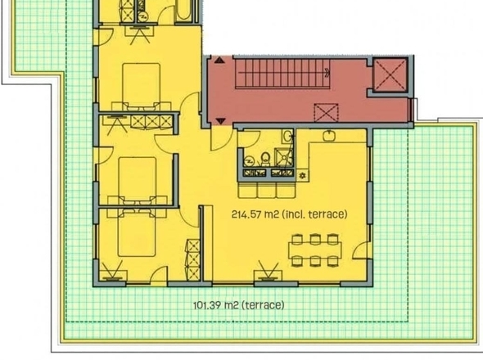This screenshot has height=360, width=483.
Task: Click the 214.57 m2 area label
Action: click(x=289, y=214)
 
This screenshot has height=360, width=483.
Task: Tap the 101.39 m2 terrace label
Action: click(x=239, y=305)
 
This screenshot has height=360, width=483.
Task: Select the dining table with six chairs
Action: click(x=315, y=250)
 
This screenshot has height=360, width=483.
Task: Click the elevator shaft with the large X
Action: click(x=390, y=74)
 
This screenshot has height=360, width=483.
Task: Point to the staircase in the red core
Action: click(x=282, y=74)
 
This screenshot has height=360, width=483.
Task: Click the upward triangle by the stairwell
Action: click(x=219, y=60)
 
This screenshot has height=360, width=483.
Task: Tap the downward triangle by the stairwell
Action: click(x=220, y=121)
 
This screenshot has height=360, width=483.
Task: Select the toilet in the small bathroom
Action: click(x=265, y=158)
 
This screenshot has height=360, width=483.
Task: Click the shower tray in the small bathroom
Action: click(x=283, y=157)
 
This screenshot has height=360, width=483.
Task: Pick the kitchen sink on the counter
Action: click(x=329, y=136)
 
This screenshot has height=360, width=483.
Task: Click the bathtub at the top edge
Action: click(x=184, y=10)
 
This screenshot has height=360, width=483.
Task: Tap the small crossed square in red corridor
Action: click(x=326, y=113)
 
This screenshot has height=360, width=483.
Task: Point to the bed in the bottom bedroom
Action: click(x=137, y=233)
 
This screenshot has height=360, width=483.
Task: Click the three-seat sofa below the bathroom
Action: click(x=267, y=190)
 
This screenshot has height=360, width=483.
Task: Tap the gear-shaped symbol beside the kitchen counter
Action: click(x=302, y=176)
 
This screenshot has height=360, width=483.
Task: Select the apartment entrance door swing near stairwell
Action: click(x=221, y=137)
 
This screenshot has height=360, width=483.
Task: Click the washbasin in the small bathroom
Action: click(x=287, y=136)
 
